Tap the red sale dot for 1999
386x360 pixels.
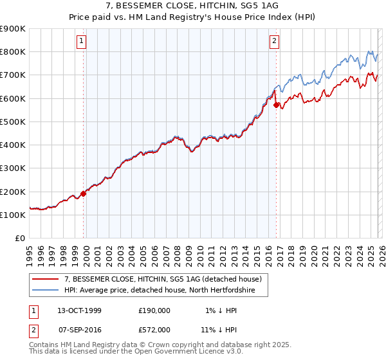84,194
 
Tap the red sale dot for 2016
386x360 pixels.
276,105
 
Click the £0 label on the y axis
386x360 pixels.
21,238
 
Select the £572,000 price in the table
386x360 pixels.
154,329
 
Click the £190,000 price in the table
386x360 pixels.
154,310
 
